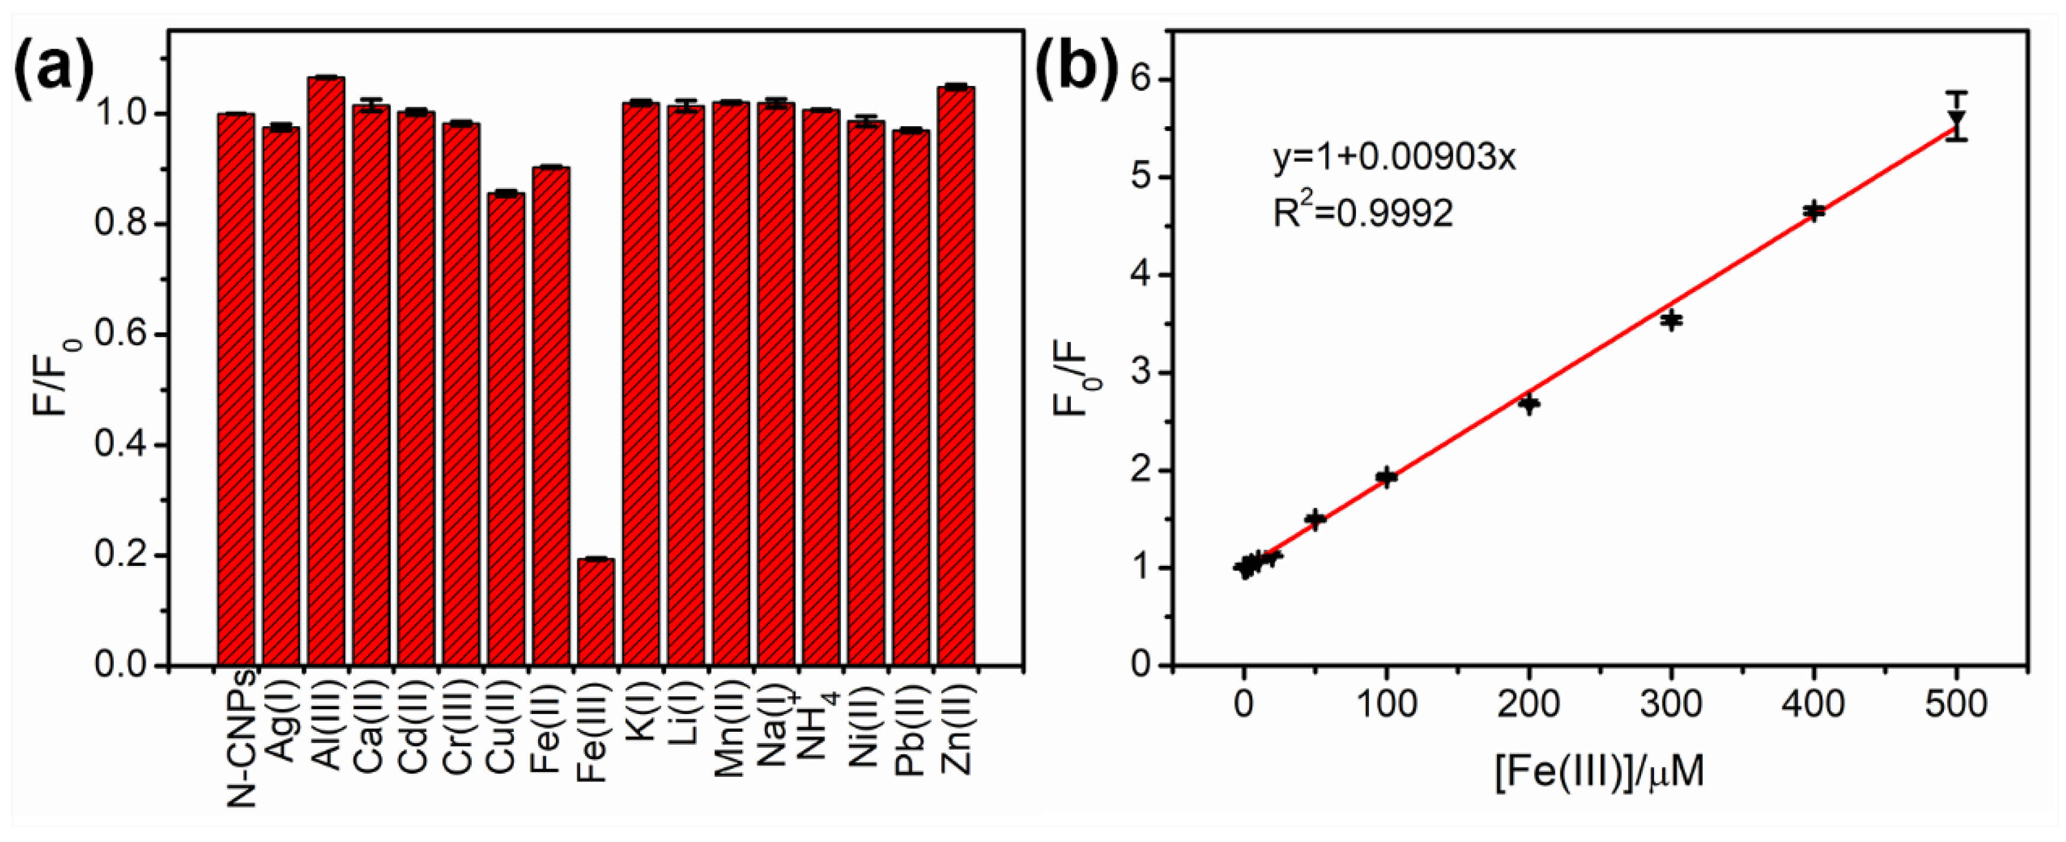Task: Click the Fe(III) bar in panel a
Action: (x=596, y=611)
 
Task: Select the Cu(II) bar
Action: (x=506, y=429)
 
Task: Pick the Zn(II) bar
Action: (x=956, y=377)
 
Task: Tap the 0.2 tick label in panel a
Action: (x=121, y=556)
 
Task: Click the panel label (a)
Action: (x=53, y=74)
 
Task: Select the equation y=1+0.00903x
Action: (x=1395, y=159)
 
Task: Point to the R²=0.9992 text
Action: (x=1364, y=213)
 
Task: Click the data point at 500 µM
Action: (x=1957, y=120)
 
